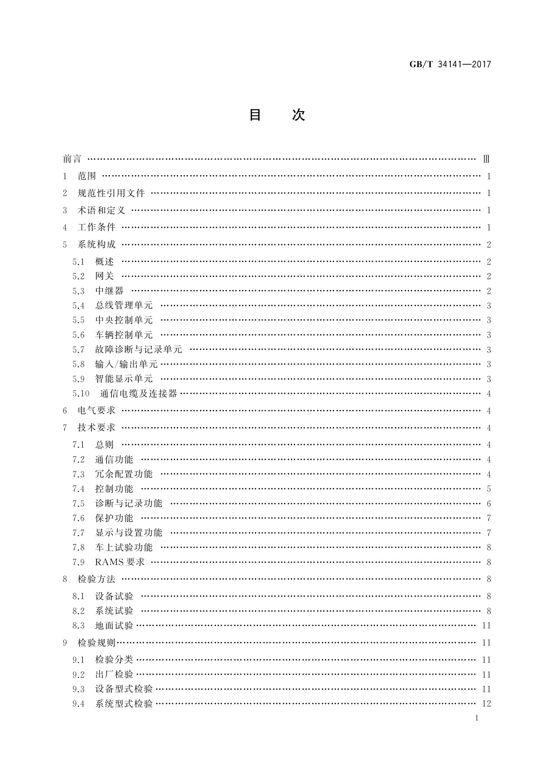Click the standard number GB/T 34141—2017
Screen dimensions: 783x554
[450, 64]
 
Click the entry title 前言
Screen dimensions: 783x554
[72, 159]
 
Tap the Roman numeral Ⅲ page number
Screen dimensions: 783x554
[487, 159]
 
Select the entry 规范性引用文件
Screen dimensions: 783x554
[111, 193]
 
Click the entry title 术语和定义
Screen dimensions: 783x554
[101, 210]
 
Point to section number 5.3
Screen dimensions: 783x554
[79, 291]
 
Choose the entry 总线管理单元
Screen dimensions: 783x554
[124, 305]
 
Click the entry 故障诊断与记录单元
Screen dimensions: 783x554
[139, 349]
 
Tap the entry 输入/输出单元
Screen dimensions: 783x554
[126, 364]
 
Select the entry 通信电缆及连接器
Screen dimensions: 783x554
[139, 393]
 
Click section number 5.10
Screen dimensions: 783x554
[80, 393]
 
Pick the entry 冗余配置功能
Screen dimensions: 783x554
[124, 474]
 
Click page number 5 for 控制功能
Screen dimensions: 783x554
[489, 489]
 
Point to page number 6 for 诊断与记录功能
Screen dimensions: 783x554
[489, 504]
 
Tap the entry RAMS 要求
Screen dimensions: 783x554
[120, 562]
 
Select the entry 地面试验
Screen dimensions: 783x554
[114, 625]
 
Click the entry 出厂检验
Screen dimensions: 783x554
[114, 674]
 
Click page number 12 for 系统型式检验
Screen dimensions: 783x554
[487, 703]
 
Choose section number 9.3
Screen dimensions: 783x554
[79, 689]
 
